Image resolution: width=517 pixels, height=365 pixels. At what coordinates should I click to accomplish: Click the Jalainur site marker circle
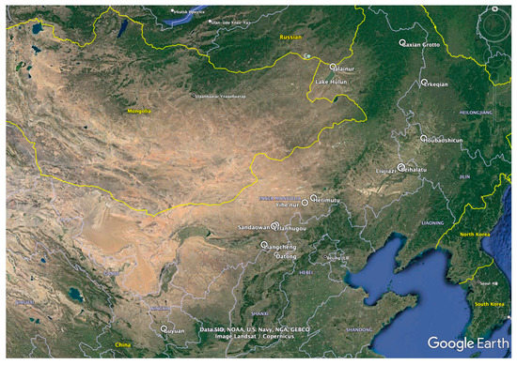(333, 66)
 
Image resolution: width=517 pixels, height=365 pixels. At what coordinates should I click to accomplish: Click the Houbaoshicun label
(425, 140)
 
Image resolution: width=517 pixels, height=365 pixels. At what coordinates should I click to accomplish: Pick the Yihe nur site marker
(305, 201)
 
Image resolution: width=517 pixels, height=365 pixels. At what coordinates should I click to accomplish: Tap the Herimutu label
(327, 199)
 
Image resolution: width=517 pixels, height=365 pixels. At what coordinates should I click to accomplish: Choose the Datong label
(287, 256)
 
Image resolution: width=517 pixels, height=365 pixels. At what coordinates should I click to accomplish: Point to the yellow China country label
(122, 345)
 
